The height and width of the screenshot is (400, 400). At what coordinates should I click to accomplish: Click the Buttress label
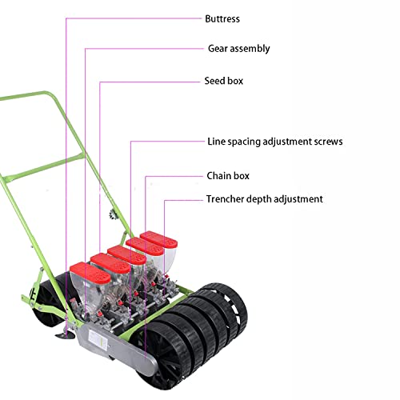click(222, 19)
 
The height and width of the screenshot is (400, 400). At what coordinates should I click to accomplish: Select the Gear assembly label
click(238, 49)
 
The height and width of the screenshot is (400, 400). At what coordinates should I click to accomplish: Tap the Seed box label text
click(224, 81)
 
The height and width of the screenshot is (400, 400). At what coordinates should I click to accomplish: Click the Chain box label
click(228, 176)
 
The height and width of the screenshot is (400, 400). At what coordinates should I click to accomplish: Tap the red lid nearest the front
click(90, 273)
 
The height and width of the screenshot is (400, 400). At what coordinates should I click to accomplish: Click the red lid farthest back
click(158, 239)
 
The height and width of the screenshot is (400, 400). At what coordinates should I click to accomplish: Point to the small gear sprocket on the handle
click(113, 214)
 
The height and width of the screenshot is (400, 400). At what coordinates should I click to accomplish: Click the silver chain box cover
click(117, 346)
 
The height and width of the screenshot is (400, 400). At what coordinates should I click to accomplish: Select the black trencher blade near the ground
click(66, 335)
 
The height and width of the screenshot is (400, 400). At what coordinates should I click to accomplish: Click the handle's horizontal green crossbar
click(43, 167)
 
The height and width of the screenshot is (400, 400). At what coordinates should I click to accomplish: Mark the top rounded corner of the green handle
click(48, 94)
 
